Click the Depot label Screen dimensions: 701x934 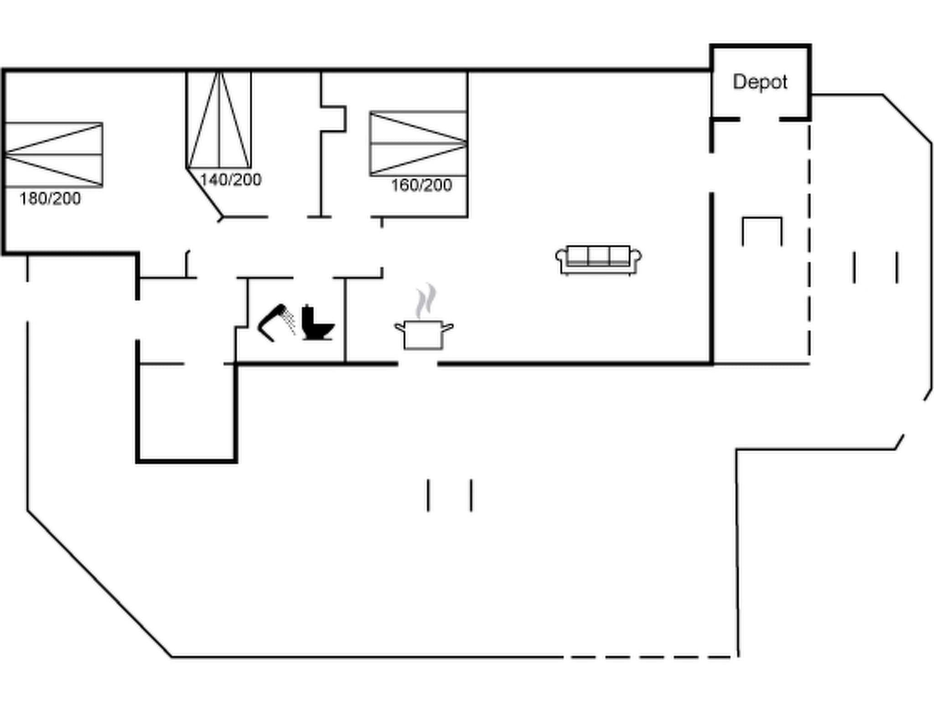pyautogui.click(x=760, y=82)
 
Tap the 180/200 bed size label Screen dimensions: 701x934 pyautogui.click(x=50, y=199)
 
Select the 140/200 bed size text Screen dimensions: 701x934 pyautogui.click(x=231, y=180)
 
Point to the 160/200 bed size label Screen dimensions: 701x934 pyautogui.click(x=421, y=185)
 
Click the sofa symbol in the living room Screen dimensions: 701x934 pyautogui.click(x=598, y=260)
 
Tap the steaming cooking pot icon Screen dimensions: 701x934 pyautogui.click(x=424, y=334)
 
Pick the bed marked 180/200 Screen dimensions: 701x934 pyautogui.click(x=53, y=155)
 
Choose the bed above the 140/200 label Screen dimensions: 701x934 pyautogui.click(x=219, y=120)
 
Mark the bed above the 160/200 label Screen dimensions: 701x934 pyautogui.click(x=418, y=143)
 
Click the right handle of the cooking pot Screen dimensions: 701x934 pyautogui.click(x=448, y=327)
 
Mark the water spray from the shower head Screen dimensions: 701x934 pyautogui.click(x=289, y=321)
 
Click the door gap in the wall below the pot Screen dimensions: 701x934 pyautogui.click(x=418, y=364)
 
